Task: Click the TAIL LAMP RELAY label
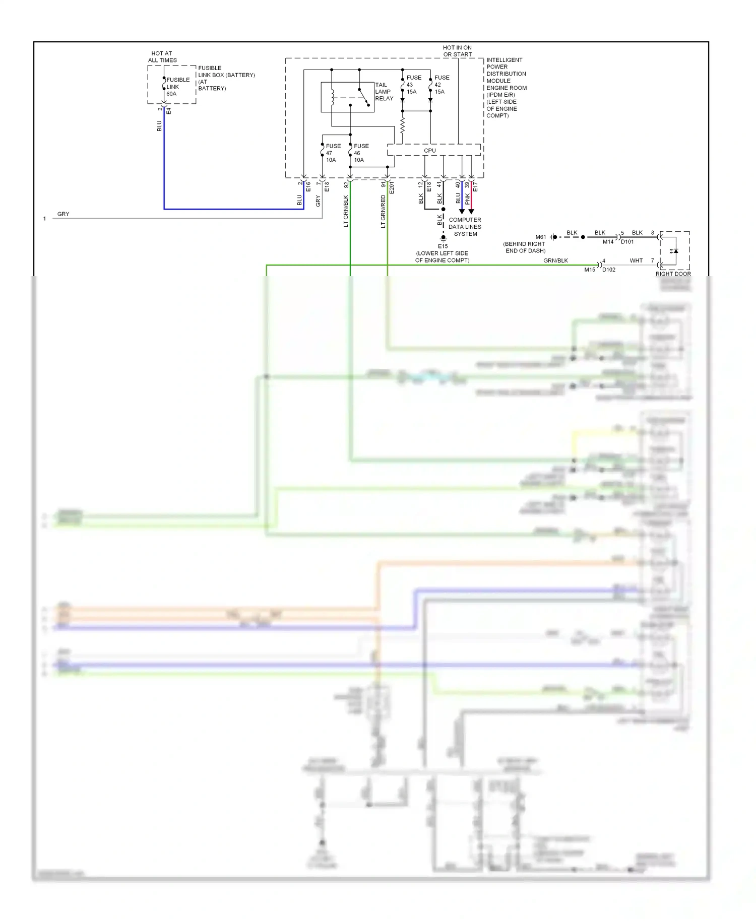[384, 92]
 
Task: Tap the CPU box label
[429, 150]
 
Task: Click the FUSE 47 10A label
[333, 153]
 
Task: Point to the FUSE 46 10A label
[361, 153]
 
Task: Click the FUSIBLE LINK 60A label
[177, 87]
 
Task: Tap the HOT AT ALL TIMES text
[162, 56]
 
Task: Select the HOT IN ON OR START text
[457, 51]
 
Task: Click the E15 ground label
[443, 246]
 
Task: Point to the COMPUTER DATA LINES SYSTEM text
[465, 227]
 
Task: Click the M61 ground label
[540, 237]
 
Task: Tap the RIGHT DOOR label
[673, 274]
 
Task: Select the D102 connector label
[609, 270]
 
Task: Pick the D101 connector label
[627, 242]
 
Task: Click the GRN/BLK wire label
[555, 260]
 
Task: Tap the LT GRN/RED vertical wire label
[383, 212]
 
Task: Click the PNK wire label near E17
[467, 199]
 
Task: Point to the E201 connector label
[392, 188]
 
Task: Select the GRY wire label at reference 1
[63, 214]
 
